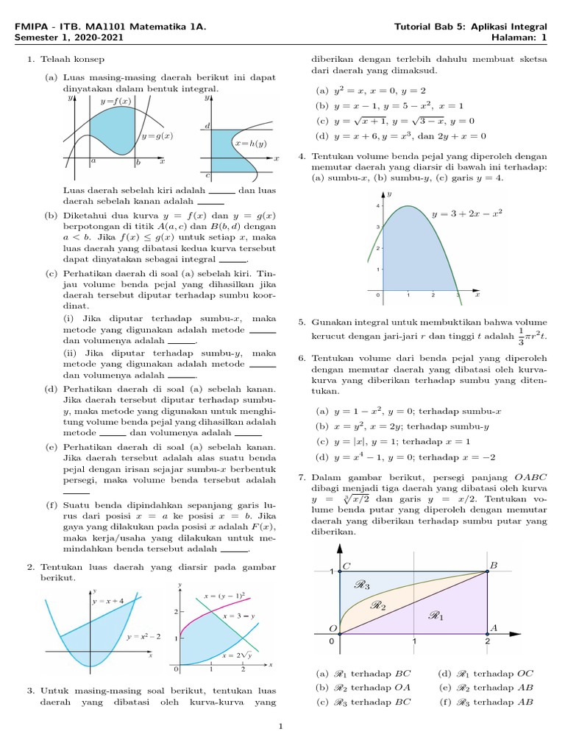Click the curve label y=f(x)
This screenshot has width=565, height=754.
(116, 100)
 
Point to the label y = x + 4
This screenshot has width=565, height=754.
(108, 602)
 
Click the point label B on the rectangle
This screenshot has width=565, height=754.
(493, 565)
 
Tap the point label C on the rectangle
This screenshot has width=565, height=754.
(347, 565)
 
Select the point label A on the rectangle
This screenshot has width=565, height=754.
(494, 627)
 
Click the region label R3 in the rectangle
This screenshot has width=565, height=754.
(362, 585)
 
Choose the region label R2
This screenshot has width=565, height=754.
(377, 605)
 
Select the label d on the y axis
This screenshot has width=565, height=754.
(208, 127)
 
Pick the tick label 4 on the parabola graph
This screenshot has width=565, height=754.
(378, 206)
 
